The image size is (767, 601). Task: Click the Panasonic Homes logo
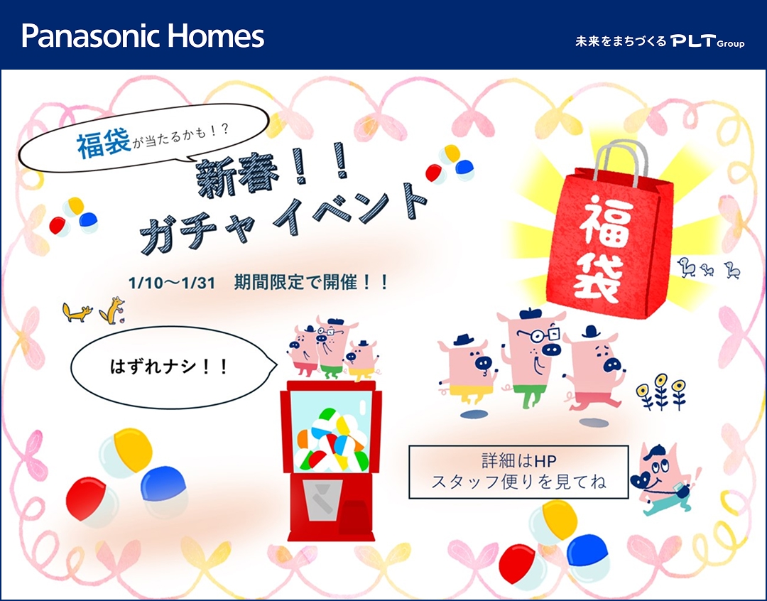click(x=143, y=36)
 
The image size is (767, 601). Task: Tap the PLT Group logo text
click(x=707, y=42)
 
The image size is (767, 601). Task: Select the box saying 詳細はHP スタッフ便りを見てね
click(x=518, y=472)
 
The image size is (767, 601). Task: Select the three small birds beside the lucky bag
click(x=708, y=268)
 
